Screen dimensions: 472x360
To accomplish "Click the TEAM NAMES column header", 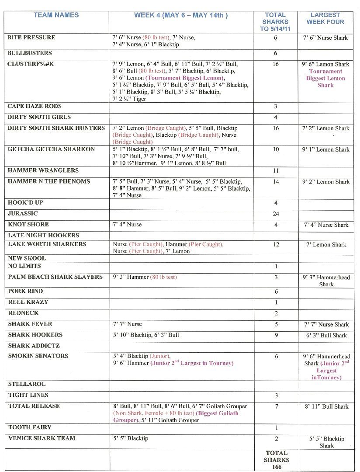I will [56, 15].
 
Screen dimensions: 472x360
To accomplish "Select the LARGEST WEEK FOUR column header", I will [325, 18].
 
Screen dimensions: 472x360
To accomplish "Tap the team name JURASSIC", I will [23, 214].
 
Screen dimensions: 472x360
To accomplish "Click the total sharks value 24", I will [276, 214].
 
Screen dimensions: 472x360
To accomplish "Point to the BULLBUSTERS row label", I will [29, 53].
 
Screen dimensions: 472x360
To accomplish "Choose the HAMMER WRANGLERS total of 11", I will [276, 171].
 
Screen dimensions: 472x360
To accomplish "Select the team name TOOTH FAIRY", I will [29, 427].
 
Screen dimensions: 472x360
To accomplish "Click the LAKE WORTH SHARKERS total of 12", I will [276, 245].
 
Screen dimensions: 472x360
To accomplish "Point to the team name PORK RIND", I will [25, 291].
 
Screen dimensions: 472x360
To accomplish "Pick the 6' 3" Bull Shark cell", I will [326, 336].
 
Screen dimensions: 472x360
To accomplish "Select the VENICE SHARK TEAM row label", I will [42, 438].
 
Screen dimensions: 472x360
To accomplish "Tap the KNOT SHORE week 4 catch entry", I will [127, 225].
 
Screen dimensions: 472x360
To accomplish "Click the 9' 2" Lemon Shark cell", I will [326, 182].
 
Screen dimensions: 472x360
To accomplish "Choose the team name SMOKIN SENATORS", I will [38, 356].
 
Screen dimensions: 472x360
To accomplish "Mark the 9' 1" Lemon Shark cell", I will [326, 149].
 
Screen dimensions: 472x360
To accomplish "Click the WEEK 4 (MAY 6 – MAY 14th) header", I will [181, 15].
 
